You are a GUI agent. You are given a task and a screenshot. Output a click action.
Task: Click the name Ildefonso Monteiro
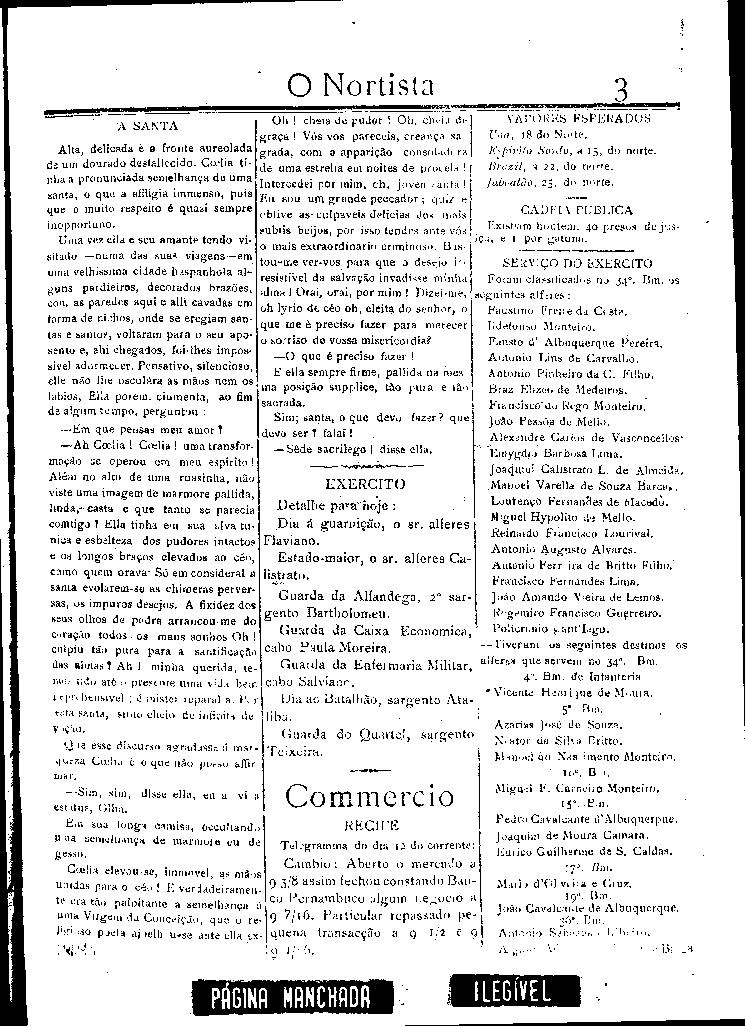[542, 326]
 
